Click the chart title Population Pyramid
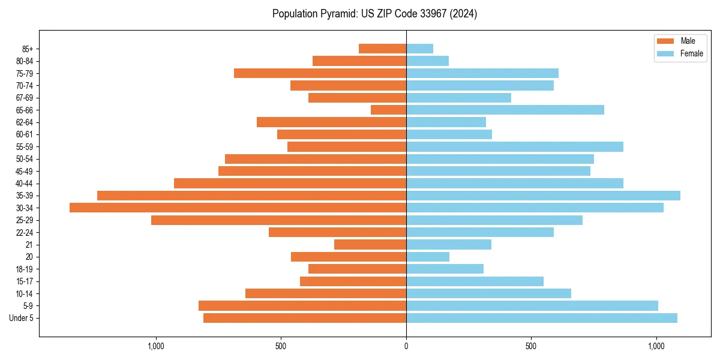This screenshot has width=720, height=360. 374,14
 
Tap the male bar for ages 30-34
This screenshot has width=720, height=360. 238,208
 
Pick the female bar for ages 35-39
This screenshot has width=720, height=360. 543,196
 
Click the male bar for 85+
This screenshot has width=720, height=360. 382,49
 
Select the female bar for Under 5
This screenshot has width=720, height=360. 541,318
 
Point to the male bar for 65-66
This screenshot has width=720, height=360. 388,110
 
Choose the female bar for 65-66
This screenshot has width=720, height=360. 505,110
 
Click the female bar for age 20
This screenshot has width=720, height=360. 427,257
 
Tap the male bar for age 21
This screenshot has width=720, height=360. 370,245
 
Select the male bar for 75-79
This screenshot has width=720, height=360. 320,73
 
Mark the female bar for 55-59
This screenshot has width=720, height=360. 514,146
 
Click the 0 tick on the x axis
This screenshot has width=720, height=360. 406,346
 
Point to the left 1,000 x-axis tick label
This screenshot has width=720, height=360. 155,346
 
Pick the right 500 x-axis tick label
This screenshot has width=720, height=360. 531,346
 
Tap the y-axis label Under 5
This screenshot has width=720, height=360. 21,318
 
